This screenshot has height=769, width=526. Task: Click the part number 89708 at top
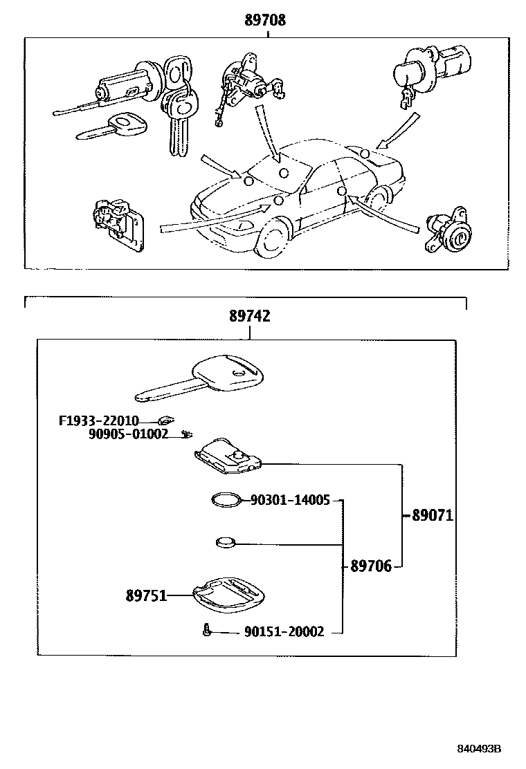[264, 21]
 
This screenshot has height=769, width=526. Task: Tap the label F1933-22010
[98, 420]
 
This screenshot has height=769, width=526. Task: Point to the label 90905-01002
[128, 434]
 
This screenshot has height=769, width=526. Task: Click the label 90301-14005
[290, 499]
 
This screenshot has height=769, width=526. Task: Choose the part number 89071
[433, 515]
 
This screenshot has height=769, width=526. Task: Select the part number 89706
[370, 566]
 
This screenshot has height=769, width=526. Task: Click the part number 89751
[146, 595]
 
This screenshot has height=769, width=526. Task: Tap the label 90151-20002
[284, 631]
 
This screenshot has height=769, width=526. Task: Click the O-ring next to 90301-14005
[226, 499]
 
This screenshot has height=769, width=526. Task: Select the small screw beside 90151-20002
[206, 629]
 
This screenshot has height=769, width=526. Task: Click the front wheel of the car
[273, 238]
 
